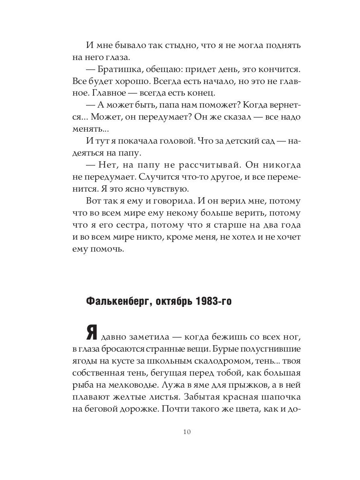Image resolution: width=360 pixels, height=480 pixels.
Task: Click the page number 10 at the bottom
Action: [187, 432]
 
